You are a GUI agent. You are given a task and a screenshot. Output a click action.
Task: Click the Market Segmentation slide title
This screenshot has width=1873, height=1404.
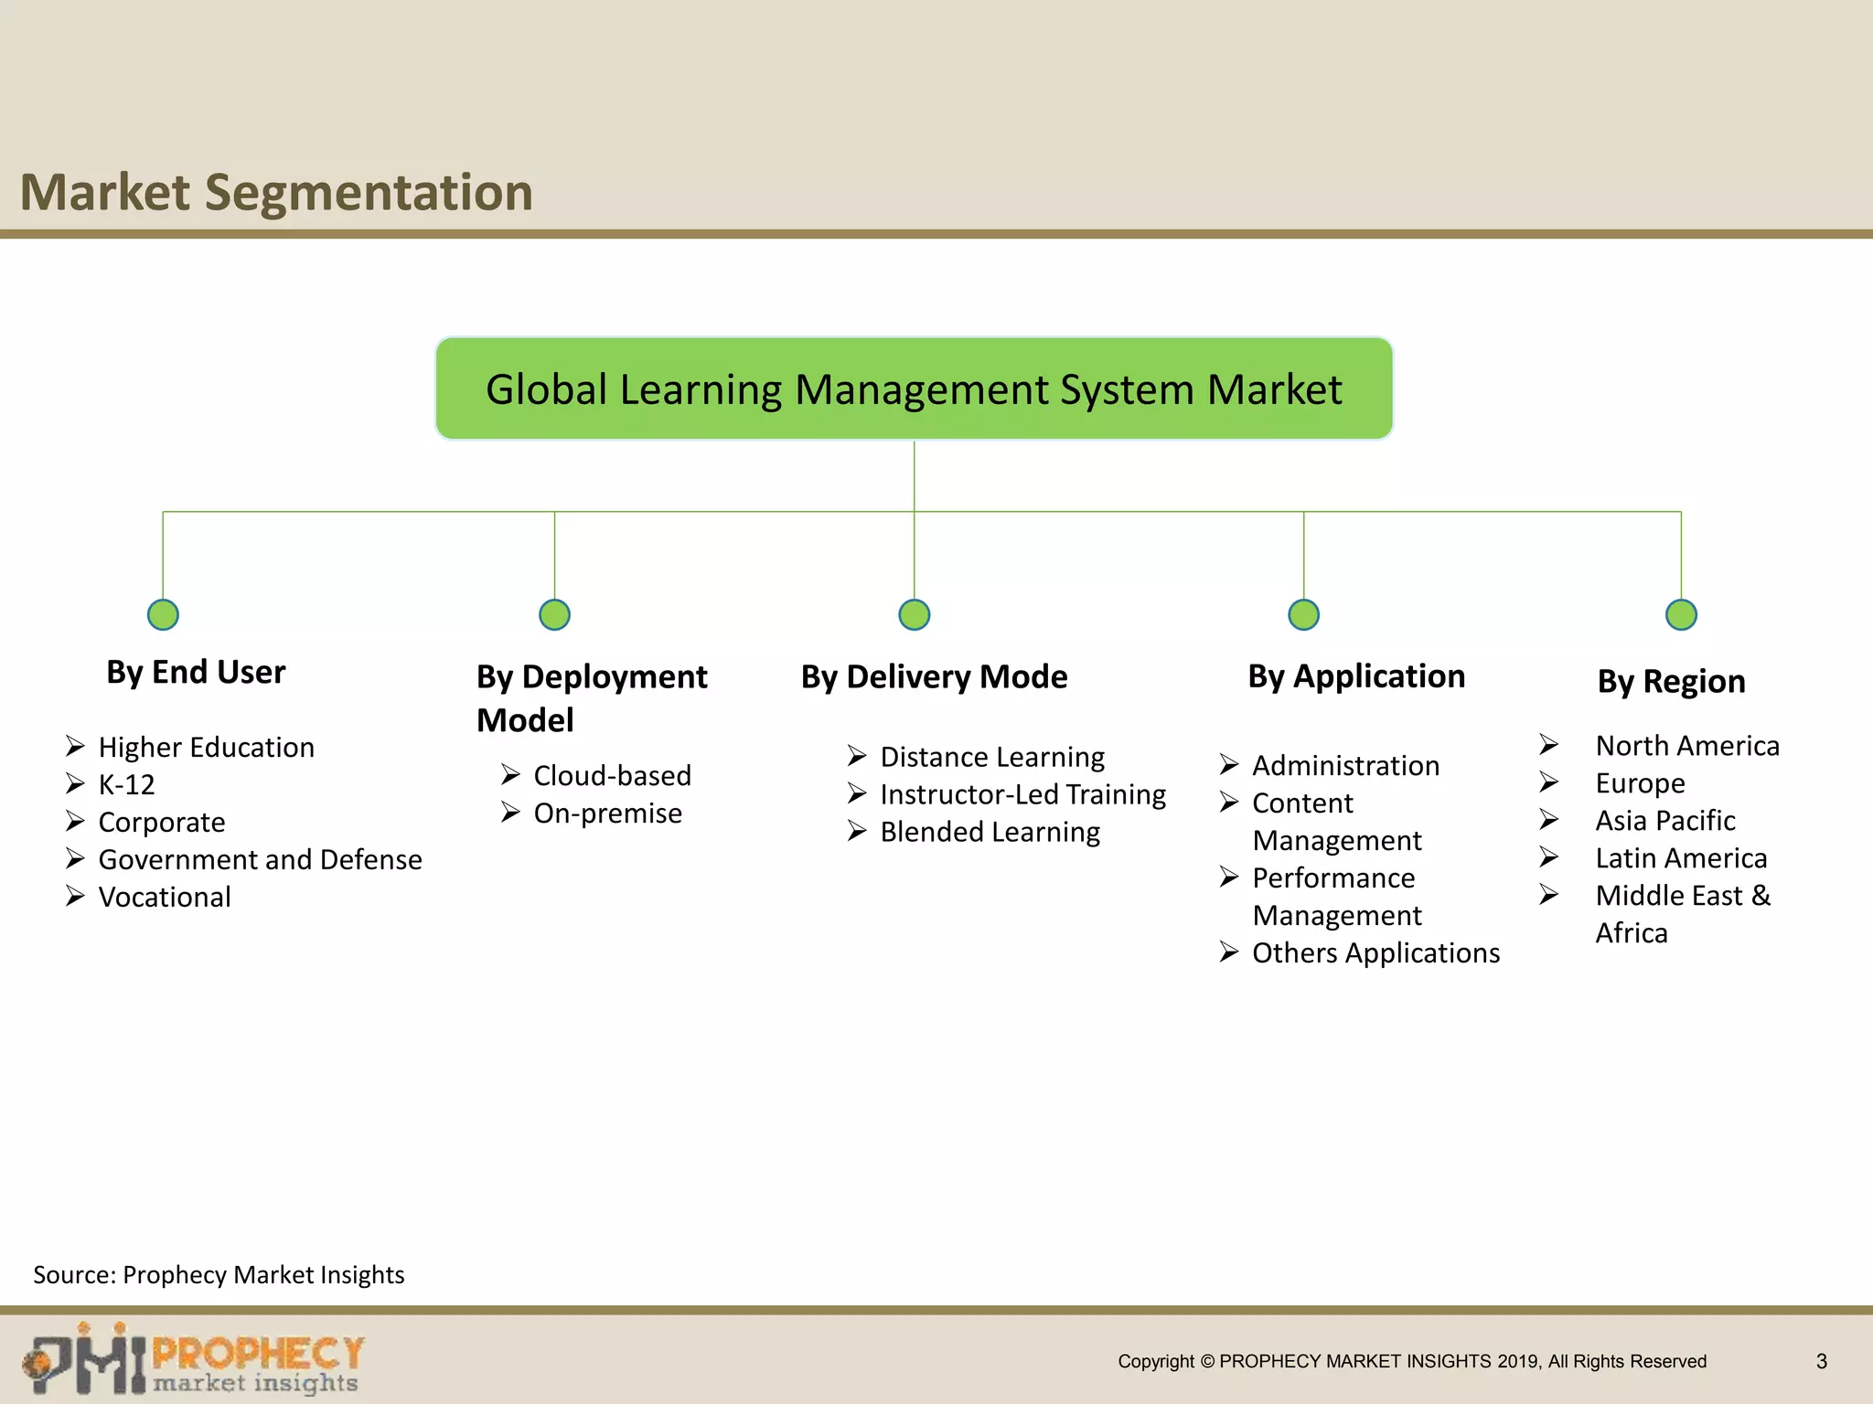click(276, 193)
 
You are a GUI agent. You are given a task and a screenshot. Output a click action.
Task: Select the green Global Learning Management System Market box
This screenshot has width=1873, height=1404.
click(914, 388)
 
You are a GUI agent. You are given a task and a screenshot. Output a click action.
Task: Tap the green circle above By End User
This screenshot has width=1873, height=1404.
click(163, 614)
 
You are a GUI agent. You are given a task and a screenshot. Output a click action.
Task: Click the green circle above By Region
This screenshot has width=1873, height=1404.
click(1681, 614)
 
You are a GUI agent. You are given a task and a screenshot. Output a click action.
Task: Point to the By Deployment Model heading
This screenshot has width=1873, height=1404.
click(591, 697)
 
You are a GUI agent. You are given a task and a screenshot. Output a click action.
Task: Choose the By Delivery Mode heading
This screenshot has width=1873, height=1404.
click(934, 676)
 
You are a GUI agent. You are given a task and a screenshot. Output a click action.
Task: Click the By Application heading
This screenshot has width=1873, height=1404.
click(1356, 675)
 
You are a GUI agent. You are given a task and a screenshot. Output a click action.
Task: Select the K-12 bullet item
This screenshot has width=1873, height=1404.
click(126, 784)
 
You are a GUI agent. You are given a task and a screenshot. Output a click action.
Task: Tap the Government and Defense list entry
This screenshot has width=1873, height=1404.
click(260, 859)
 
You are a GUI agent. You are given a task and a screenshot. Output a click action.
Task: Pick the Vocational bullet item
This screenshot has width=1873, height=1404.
click(165, 897)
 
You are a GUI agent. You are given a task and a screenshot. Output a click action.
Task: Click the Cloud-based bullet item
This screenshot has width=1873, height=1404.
click(612, 775)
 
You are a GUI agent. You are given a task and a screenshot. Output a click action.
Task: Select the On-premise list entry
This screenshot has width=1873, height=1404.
click(607, 813)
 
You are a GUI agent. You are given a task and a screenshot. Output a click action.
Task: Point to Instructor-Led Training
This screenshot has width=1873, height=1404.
click(1022, 794)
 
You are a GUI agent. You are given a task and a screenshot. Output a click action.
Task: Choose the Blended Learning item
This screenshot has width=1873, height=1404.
click(990, 832)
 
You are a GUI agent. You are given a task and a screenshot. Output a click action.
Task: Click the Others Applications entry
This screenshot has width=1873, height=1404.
click(1375, 952)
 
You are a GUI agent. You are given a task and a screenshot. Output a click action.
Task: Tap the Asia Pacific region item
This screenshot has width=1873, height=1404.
click(1664, 820)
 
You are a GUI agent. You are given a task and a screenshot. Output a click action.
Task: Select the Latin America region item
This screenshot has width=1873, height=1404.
click(1681, 857)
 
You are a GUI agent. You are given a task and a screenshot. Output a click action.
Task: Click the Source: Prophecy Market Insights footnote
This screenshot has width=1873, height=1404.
click(219, 1274)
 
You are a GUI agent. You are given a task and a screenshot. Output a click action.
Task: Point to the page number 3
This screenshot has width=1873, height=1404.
click(1821, 1361)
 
